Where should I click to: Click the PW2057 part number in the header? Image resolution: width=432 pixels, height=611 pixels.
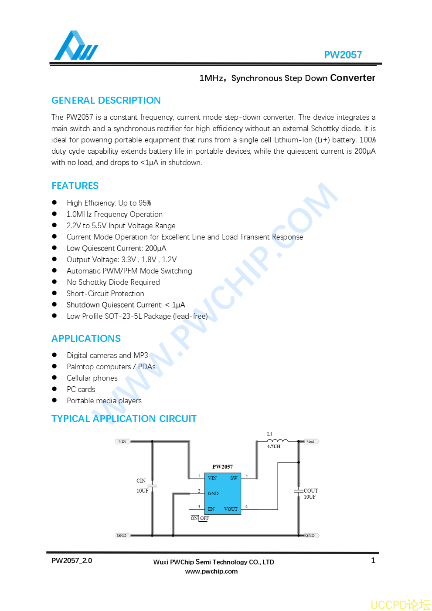coord(343,55)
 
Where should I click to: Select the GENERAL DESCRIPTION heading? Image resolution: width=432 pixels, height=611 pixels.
coord(106,101)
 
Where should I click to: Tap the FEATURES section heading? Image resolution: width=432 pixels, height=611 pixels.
coord(75,186)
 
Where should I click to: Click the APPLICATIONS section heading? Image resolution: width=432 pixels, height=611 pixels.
coord(86,339)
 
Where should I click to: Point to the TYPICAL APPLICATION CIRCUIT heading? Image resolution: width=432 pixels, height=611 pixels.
coord(124,419)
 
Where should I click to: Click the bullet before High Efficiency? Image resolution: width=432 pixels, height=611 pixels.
coord(54,203)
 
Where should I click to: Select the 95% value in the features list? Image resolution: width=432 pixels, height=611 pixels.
coord(145,203)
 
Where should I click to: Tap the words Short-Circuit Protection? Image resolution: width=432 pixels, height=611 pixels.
coord(105,294)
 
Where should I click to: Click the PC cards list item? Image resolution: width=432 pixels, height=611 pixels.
coord(81,389)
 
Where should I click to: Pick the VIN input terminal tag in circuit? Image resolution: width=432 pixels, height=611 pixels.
coord(122,442)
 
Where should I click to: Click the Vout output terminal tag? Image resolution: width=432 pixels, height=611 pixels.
coord(311,442)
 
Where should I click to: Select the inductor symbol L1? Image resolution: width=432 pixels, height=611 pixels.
coord(277,441)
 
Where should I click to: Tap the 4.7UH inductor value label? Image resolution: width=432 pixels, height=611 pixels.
coord(274,447)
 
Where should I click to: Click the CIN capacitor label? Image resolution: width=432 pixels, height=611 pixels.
coord(141,481)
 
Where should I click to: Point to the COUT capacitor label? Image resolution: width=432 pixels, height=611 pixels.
coord(311,491)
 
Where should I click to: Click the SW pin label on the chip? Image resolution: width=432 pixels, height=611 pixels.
coord(234,478)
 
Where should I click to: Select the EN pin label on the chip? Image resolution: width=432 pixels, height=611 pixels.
coord(211,509)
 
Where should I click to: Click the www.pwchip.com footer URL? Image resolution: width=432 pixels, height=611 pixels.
coord(211,571)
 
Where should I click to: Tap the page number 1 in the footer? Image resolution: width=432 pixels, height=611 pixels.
coord(373,560)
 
